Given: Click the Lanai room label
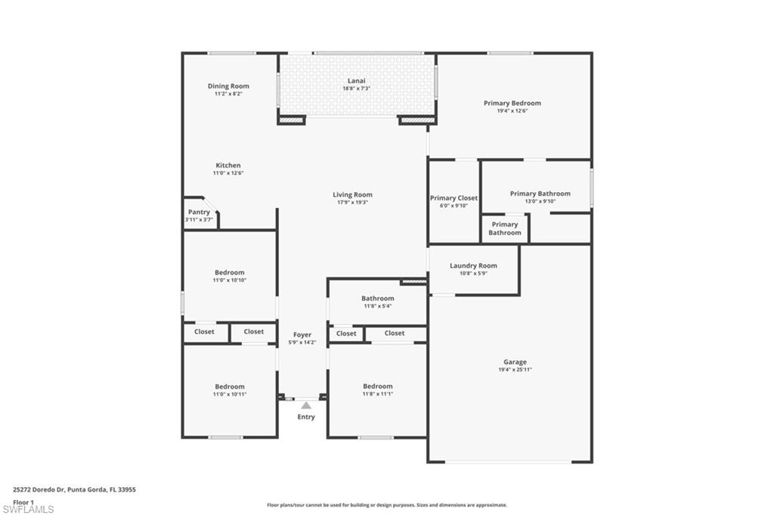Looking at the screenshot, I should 356,80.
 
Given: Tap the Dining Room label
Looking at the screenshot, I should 228,86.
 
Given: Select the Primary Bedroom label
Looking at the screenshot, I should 512,103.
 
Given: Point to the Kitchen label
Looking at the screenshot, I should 228,166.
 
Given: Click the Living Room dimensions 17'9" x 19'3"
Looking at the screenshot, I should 352,203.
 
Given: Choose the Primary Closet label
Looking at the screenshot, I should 454,198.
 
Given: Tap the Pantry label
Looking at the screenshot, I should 200,213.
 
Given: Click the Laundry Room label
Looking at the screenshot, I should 473,265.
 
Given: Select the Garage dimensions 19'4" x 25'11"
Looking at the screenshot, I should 515,370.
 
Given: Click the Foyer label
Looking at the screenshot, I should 302,334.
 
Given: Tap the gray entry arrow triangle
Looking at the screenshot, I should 306,406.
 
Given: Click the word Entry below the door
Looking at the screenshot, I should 306,417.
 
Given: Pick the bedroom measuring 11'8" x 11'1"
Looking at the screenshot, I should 377,386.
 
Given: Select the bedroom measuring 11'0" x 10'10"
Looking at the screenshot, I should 229,273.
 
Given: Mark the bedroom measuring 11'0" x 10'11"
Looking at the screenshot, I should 229,386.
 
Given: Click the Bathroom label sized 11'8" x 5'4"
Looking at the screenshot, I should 377,299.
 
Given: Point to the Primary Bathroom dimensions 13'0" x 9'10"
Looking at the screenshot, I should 540,201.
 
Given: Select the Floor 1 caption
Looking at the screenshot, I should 23,501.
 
